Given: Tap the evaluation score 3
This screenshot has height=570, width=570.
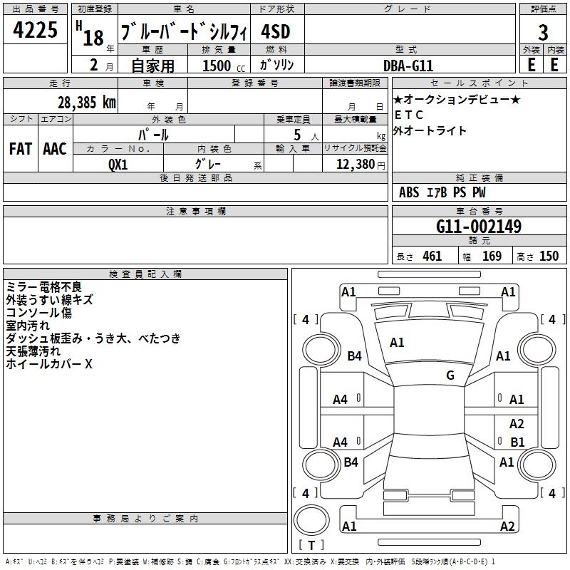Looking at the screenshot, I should (543, 33).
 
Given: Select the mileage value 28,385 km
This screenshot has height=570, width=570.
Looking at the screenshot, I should (85, 102).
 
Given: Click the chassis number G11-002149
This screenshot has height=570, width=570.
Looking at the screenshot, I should (478, 227).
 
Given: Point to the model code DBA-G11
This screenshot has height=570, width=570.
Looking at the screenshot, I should (408, 65).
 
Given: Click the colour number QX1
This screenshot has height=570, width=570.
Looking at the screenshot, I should (118, 164).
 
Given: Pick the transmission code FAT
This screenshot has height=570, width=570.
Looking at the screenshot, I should (20, 148).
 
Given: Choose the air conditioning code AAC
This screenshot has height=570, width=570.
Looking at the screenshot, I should (55, 148).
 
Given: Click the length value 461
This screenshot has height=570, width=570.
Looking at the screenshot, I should (432, 256).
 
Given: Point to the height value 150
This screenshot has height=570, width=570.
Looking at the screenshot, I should (549, 256).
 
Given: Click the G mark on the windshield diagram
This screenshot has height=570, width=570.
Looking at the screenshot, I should (450, 375).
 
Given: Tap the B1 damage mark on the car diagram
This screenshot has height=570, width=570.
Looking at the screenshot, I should (517, 442).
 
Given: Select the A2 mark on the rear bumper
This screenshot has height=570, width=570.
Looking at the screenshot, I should (507, 527).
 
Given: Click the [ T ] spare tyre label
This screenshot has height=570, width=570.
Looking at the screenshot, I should (311, 545).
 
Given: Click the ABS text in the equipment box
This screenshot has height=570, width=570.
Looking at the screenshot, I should (409, 192).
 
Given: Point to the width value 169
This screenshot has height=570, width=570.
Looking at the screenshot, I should (492, 256).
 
